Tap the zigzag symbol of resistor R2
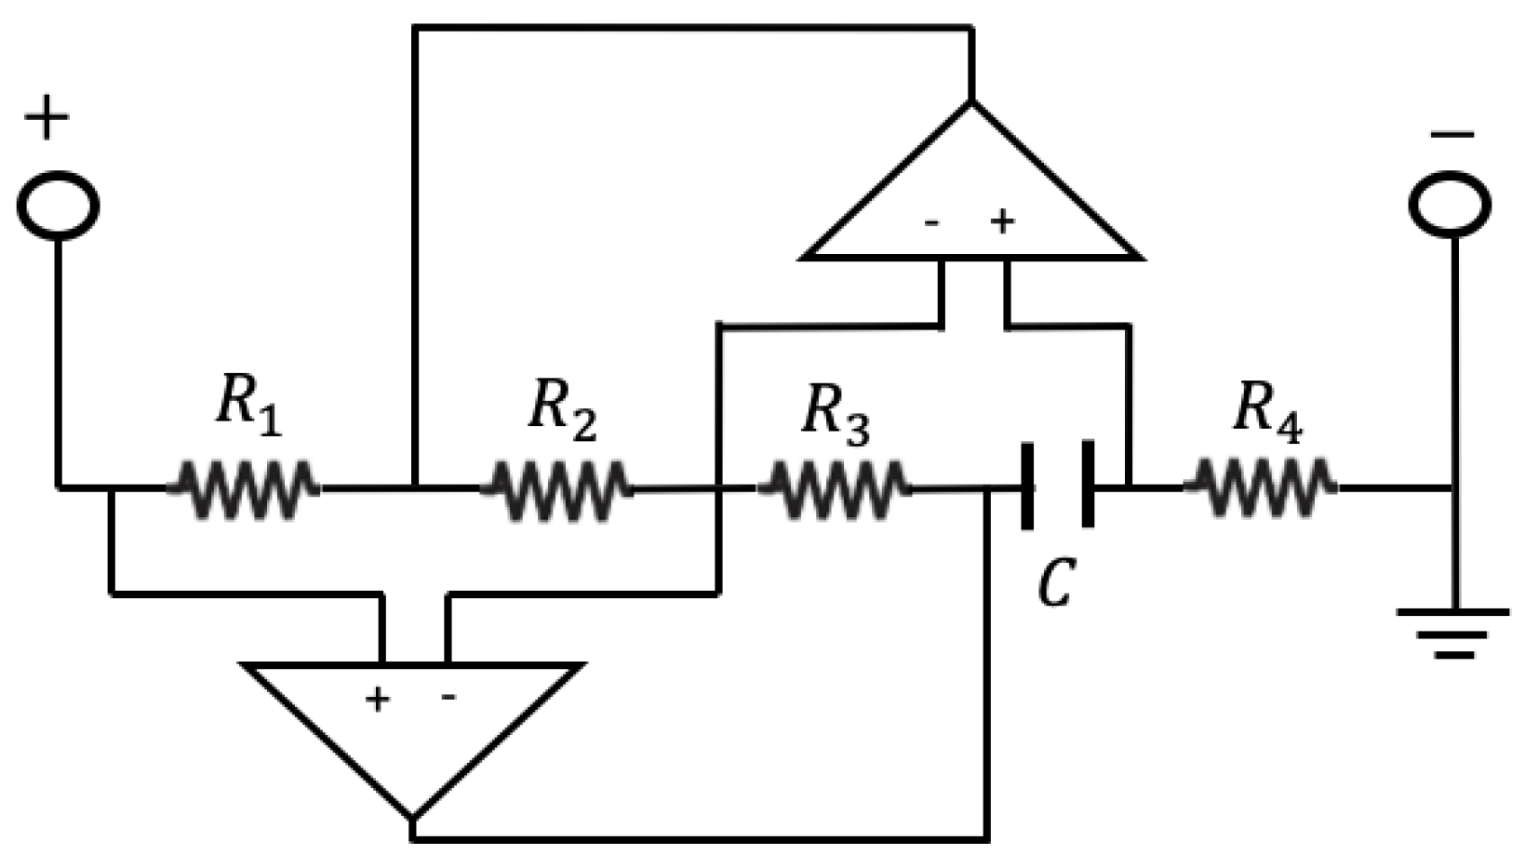[x=556, y=488]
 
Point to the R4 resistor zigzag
[x=1261, y=486]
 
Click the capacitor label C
[x=1057, y=583]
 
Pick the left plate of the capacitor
[x=1027, y=487]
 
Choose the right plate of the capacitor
[x=1086, y=487]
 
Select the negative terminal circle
[x=1451, y=203]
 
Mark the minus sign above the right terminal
[x=1451, y=136]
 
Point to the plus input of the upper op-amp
[x=1002, y=222]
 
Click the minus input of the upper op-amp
[x=931, y=223]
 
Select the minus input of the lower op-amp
[x=448, y=697]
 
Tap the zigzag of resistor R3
[x=833, y=488]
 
